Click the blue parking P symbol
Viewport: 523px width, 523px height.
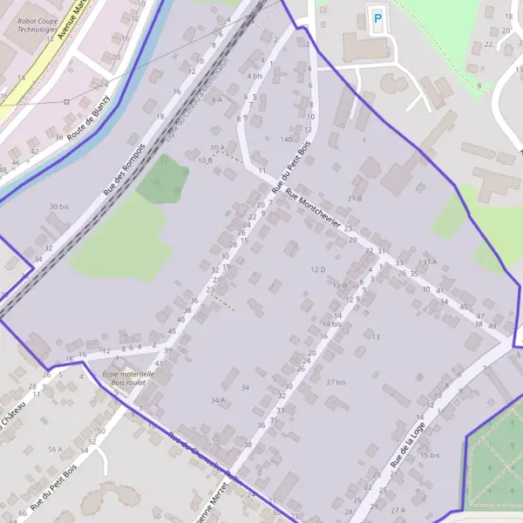[x=377, y=17]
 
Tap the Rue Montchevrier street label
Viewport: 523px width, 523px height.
[x=312, y=208]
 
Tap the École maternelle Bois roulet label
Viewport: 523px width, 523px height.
[x=128, y=377]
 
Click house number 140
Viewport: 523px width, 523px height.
[x=286, y=139]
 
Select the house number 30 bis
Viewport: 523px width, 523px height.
[x=58, y=207]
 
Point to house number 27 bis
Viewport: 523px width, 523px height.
[x=336, y=382]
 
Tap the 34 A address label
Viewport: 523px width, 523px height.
[x=218, y=399]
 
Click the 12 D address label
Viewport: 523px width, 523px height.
[x=317, y=270]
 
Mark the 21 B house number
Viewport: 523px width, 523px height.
[x=355, y=199]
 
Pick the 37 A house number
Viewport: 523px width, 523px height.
[x=429, y=261]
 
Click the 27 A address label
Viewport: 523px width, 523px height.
[x=398, y=510]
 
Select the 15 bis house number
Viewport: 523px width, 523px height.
[x=429, y=455]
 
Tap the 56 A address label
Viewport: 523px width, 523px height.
[x=55, y=450]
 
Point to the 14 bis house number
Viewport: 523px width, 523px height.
[x=330, y=323]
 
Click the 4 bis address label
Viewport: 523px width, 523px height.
[x=255, y=76]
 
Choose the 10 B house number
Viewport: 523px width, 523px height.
[x=206, y=160]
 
